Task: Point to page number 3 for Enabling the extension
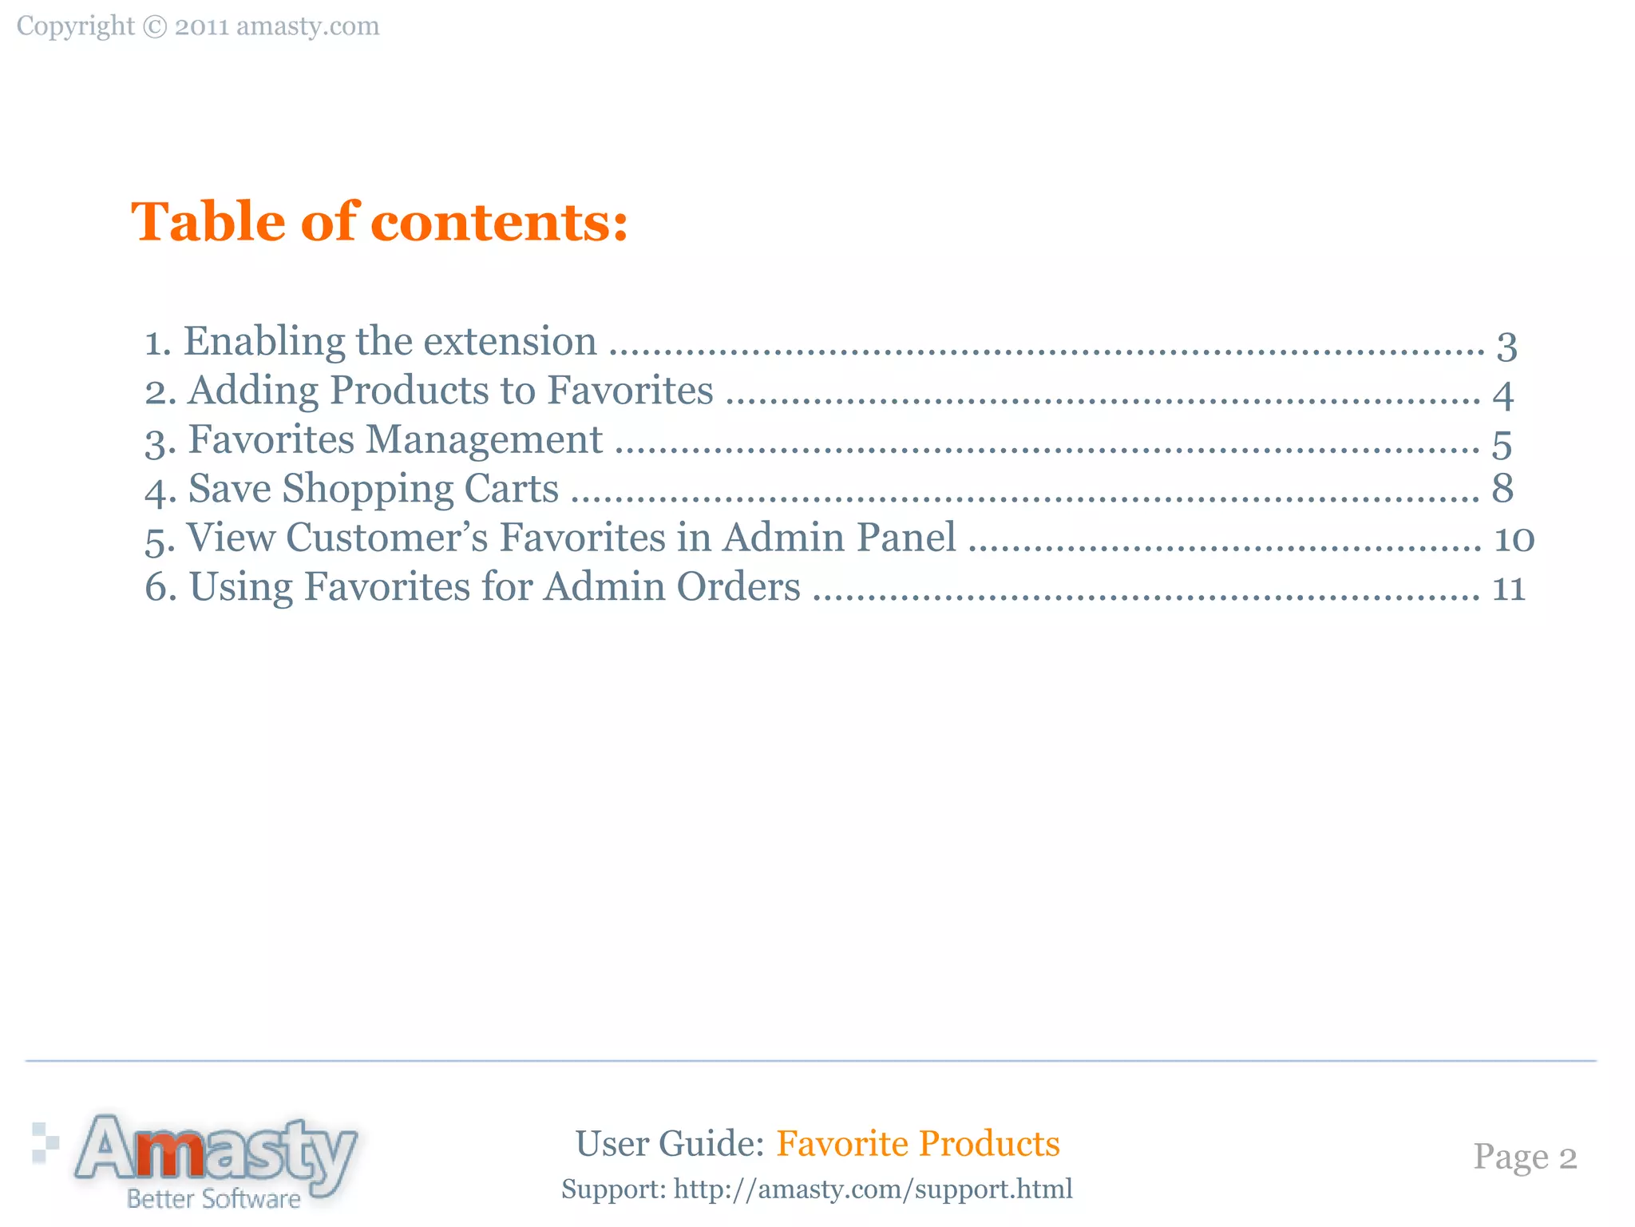click(1506, 346)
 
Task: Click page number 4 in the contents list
click(1503, 395)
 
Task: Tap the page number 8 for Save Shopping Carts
click(1502, 489)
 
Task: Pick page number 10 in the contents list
click(1514, 539)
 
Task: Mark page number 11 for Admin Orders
click(1509, 589)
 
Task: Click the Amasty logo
click(216, 1150)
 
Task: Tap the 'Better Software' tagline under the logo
click(214, 1199)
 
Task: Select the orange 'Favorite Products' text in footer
click(918, 1144)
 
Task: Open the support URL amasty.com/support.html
click(873, 1189)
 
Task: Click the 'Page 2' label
click(1525, 1158)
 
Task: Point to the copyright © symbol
click(155, 27)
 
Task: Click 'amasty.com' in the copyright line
click(308, 27)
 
